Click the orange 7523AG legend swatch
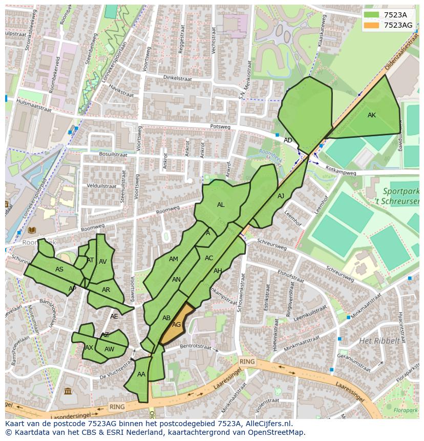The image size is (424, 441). click(372, 25)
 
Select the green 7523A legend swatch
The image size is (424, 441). click(372, 15)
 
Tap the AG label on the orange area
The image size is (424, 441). click(177, 325)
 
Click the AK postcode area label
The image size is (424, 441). click(372, 115)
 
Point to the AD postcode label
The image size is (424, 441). click(288, 140)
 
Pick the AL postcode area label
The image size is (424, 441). click(221, 205)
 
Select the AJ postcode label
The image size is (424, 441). click(281, 196)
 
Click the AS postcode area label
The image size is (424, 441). click(59, 269)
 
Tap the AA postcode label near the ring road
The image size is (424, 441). click(141, 374)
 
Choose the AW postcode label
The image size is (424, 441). click(109, 349)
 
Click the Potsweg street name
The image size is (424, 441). click(220, 127)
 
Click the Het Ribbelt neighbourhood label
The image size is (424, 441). click(379, 341)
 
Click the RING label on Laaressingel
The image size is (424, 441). click(247, 362)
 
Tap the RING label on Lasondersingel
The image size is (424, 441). click(117, 406)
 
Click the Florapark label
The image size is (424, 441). click(406, 410)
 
